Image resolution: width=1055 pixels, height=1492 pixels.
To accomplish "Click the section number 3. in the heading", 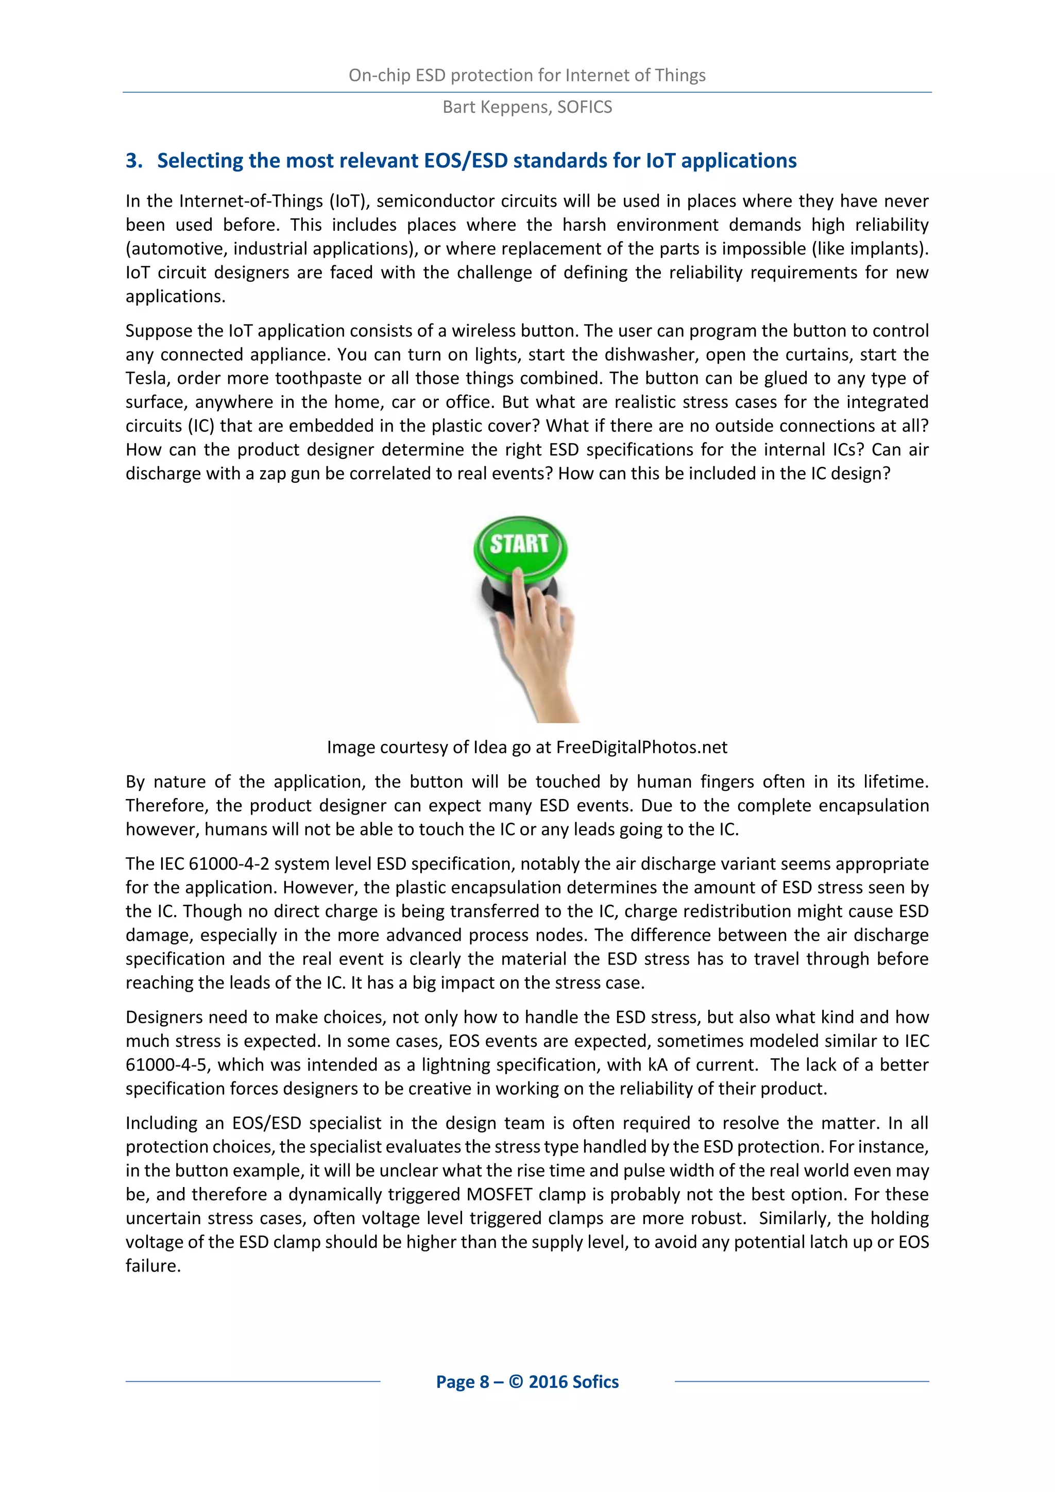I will click(x=134, y=161).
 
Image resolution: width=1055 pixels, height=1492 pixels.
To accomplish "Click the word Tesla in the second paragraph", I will click(x=147, y=378).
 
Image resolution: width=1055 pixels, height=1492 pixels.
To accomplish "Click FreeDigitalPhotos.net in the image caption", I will click(x=642, y=748).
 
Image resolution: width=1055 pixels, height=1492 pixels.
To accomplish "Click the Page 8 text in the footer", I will click(x=462, y=1382).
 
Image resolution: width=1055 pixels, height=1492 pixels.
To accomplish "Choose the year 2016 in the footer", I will click(x=548, y=1382).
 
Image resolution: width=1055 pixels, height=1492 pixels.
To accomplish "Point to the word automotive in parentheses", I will click(x=177, y=248).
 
